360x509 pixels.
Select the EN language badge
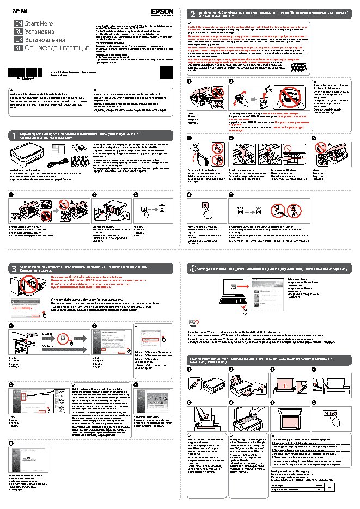[x=18, y=23]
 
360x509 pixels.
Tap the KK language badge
[x=18, y=48]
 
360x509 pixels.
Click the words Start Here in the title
[x=39, y=23]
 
